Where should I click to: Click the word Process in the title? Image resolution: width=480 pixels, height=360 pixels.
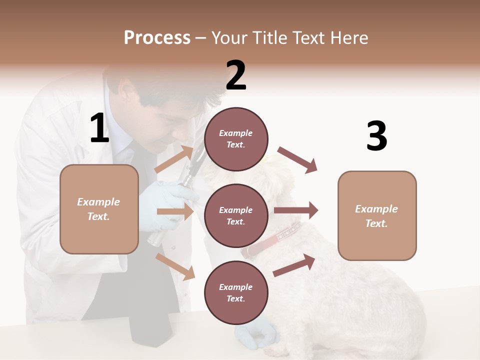157,38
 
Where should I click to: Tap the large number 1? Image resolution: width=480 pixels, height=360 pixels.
99,128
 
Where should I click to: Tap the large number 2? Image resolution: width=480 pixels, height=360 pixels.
236,75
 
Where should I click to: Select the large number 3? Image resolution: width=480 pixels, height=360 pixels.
376,136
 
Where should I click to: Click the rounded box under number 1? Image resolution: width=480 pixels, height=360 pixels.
99,209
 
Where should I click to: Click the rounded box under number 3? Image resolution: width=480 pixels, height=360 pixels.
377,215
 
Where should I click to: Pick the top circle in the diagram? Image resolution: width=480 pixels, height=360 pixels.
236,138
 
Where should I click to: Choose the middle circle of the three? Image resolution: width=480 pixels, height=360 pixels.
236,215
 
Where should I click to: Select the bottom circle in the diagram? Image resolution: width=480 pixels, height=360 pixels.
236,292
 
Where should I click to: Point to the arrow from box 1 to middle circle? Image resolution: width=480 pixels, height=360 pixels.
175,211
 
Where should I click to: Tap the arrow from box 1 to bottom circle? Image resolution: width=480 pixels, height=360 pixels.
175,266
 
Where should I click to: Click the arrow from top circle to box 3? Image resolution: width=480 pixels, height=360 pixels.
297,160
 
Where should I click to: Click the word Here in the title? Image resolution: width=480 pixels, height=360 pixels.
348,38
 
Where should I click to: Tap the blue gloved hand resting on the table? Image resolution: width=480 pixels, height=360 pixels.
260,332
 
